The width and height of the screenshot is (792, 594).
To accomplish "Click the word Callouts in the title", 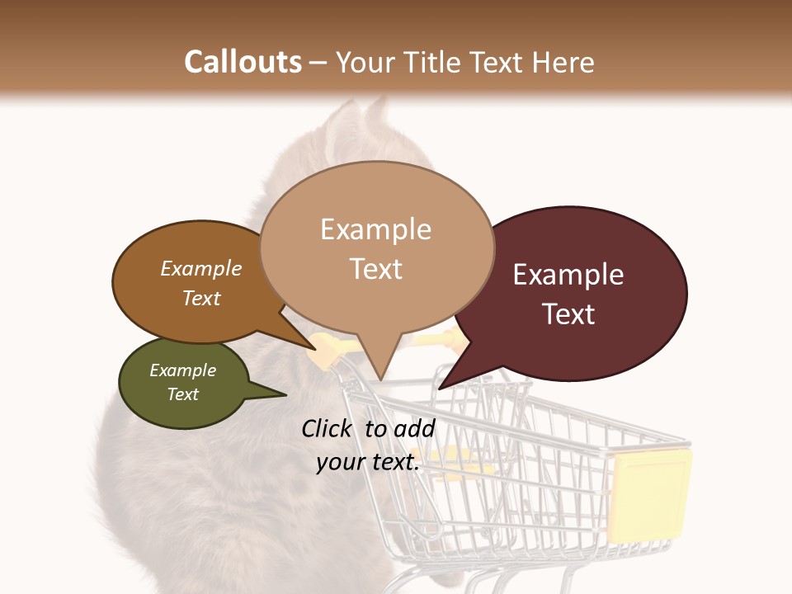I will pos(243,62).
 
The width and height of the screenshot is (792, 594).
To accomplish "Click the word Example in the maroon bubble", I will pos(568,275).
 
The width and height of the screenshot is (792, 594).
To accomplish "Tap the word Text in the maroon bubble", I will pos(568,313).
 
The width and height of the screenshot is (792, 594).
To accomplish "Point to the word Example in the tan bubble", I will pos(376,229).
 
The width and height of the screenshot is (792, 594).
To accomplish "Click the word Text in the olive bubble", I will pos(182,394).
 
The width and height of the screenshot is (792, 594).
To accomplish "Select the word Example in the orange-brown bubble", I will pos(201,268).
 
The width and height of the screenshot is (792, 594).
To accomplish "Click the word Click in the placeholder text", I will pos(328,428).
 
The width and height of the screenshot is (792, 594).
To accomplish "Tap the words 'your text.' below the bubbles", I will pos(368,463).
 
